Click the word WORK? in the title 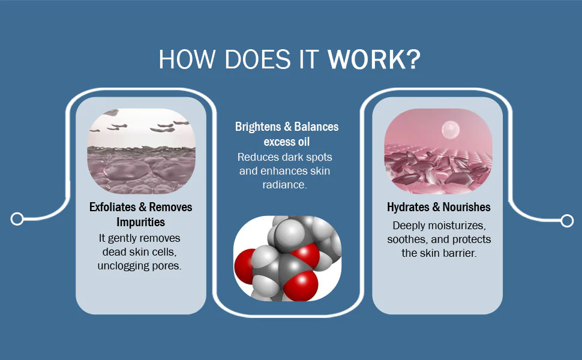(x=374, y=59)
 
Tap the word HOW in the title (x=187, y=59)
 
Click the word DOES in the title (x=258, y=59)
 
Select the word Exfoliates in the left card (x=112, y=207)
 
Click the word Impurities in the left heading (x=140, y=222)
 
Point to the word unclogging (x=119, y=266)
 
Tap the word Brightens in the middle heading (x=258, y=127)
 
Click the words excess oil (x=287, y=142)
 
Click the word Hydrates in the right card (x=408, y=207)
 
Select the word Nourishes (x=467, y=207)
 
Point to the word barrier (x=461, y=253)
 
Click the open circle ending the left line (x=17, y=219)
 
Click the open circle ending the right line (x=567, y=221)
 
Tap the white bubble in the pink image (x=451, y=130)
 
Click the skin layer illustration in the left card (x=142, y=151)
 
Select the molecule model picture (x=287, y=259)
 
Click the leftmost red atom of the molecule (x=244, y=266)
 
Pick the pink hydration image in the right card (x=439, y=151)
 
